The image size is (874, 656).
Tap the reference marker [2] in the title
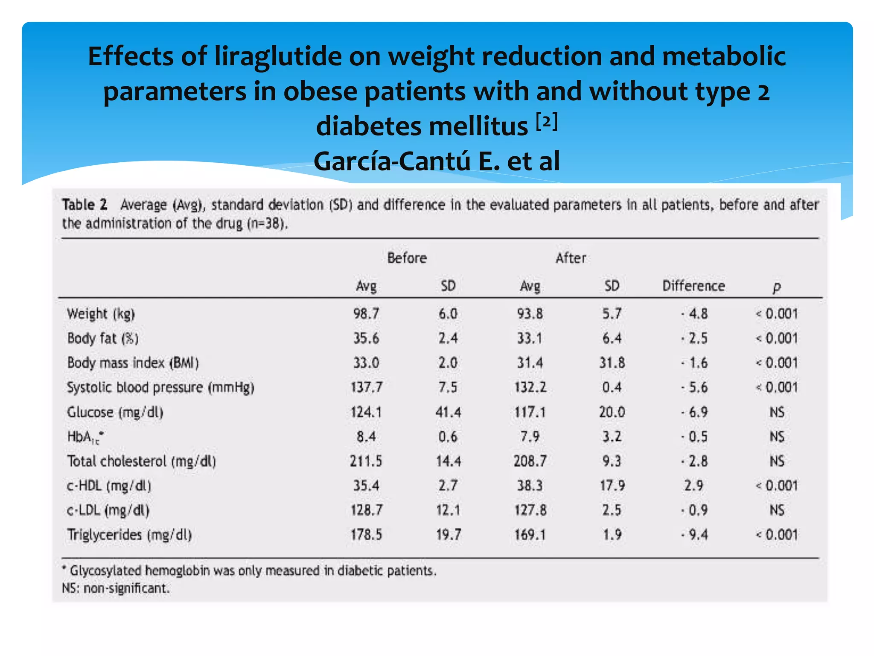pos(547,122)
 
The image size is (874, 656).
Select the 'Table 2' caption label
pos(84,205)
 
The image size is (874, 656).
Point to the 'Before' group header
pos(407,258)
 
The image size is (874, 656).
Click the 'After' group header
pos(571,258)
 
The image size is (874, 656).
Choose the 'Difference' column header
pos(693,286)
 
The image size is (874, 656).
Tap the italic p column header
pos(777,287)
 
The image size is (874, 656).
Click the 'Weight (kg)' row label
pos(101,314)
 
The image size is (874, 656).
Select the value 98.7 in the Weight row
pos(366,314)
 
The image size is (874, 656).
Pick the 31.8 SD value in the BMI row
pos(612,363)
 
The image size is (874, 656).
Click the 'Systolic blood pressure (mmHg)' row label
pos(160,388)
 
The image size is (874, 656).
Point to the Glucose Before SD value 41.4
pos(448,412)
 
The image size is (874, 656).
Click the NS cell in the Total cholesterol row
pos(777,461)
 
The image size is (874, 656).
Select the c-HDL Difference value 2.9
pos(693,486)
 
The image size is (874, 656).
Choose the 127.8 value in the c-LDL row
pos(530,510)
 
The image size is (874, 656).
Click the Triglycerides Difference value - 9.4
pos(694,535)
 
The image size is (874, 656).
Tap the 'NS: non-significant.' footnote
pos(116,589)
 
